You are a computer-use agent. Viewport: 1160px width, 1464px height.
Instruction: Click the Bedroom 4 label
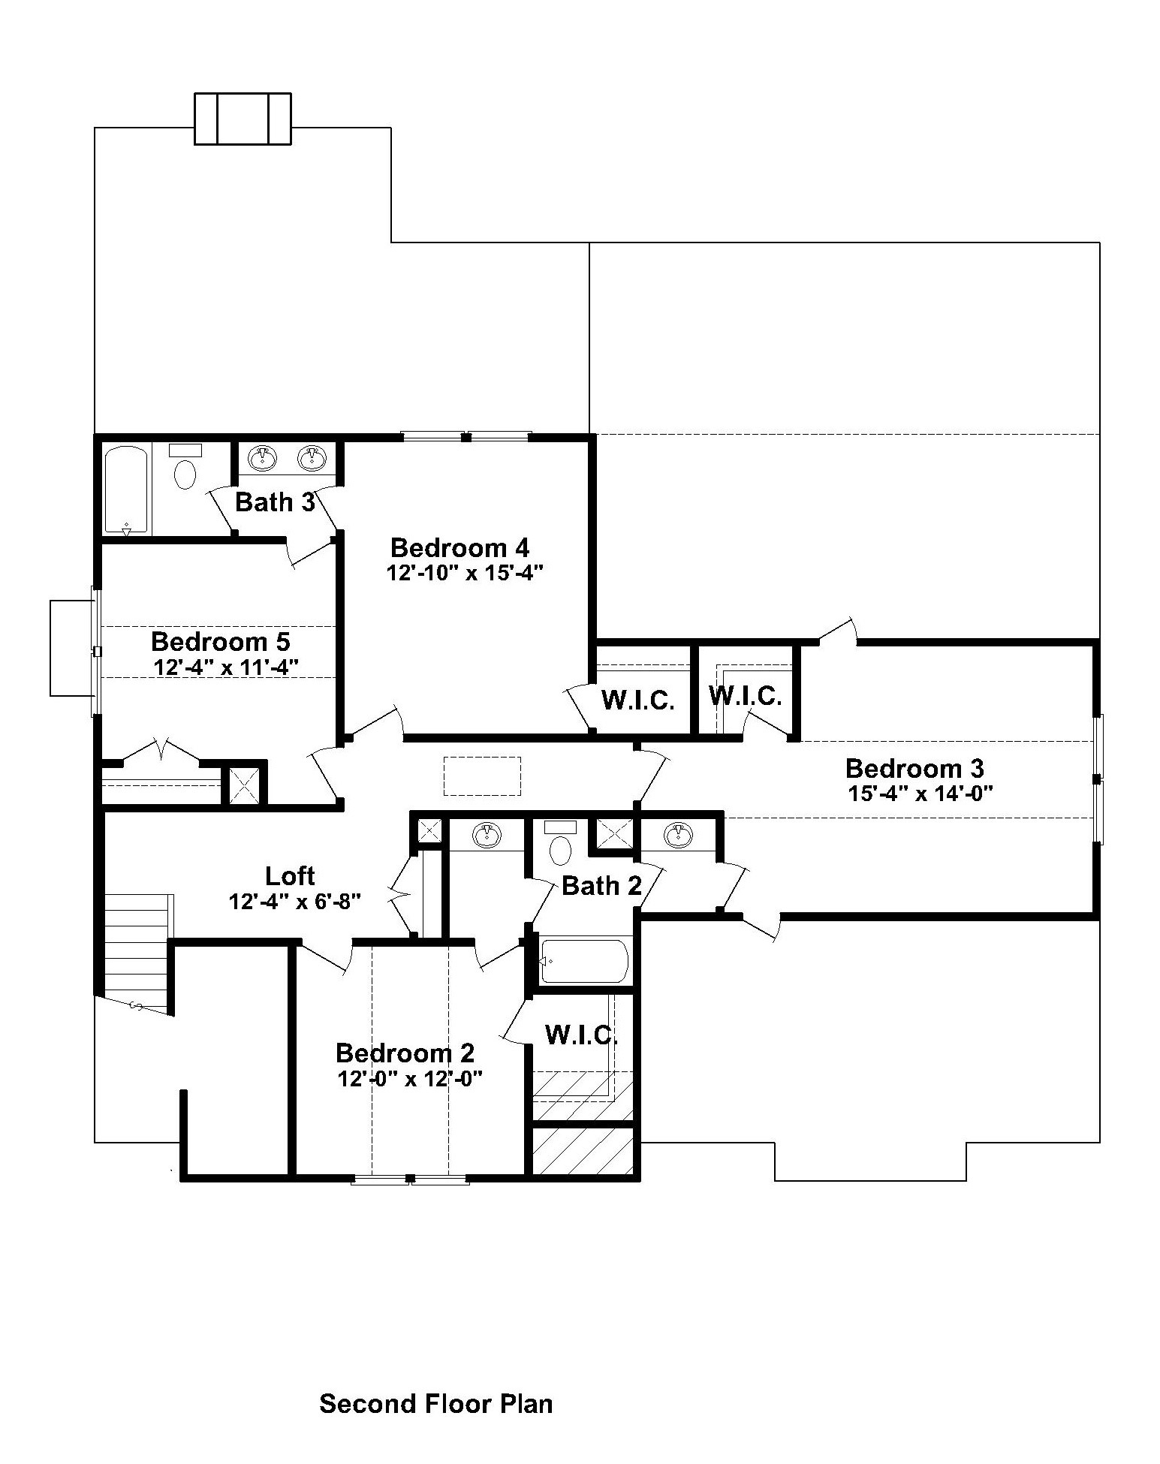pyautogui.click(x=459, y=547)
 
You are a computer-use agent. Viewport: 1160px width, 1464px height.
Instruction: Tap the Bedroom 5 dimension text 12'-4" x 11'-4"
pyautogui.click(x=226, y=666)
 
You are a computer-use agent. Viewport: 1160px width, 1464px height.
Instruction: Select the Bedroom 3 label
pyautogui.click(x=914, y=768)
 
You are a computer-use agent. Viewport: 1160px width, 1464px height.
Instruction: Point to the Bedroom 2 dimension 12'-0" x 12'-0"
pyautogui.click(x=409, y=1079)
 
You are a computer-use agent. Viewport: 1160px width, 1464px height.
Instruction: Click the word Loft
pyautogui.click(x=290, y=875)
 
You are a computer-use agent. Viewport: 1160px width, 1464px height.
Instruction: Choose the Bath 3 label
pyautogui.click(x=275, y=502)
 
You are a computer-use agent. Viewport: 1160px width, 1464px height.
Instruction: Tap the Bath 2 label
pyautogui.click(x=601, y=886)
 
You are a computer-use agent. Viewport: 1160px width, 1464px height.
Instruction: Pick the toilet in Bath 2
pyautogui.click(x=560, y=843)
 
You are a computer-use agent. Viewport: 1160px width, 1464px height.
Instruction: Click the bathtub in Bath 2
pyautogui.click(x=584, y=960)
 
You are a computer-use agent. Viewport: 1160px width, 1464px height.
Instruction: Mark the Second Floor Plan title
pyautogui.click(x=436, y=1403)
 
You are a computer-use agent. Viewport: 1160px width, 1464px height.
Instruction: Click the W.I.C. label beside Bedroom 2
pyautogui.click(x=581, y=1035)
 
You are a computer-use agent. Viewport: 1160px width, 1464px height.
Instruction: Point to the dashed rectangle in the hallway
pyautogui.click(x=482, y=776)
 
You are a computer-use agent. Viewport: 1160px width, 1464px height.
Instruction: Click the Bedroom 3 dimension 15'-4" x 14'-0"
pyautogui.click(x=921, y=794)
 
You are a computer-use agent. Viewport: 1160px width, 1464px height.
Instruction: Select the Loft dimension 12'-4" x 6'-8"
pyautogui.click(x=296, y=901)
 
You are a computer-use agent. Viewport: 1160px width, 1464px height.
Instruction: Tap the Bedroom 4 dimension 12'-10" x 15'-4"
pyautogui.click(x=465, y=573)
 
